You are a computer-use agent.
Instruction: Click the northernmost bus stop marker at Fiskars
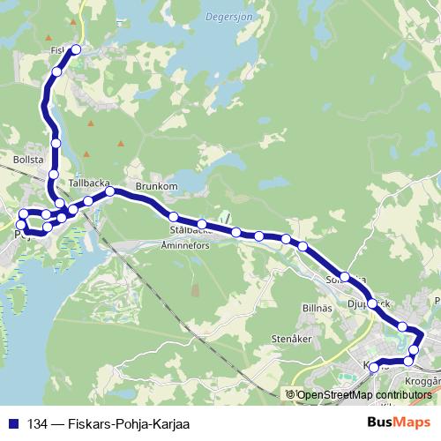click(x=76, y=49)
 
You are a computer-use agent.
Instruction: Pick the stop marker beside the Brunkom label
click(x=110, y=191)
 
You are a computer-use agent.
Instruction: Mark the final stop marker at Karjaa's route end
click(x=374, y=366)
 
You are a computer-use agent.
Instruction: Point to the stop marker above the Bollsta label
click(x=56, y=143)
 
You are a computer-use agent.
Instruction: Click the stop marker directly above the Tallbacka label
click(x=53, y=174)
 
